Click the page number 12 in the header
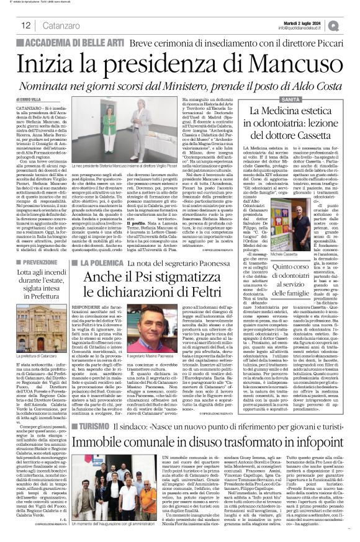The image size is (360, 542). [26, 25]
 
